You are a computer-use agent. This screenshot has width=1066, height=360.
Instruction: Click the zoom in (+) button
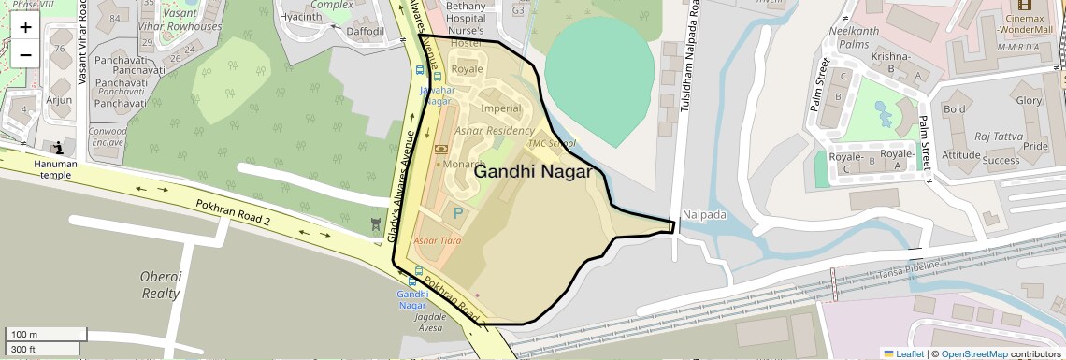click(x=25, y=27)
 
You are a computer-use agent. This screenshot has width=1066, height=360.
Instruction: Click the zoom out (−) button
click(x=25, y=55)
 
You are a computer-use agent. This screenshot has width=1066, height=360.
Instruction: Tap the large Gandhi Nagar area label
click(x=533, y=172)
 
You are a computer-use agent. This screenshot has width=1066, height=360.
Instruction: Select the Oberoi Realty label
click(x=160, y=284)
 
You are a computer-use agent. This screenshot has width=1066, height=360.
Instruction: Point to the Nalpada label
click(x=704, y=214)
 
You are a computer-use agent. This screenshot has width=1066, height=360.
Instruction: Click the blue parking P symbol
click(x=458, y=214)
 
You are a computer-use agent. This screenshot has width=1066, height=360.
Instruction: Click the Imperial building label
click(x=501, y=108)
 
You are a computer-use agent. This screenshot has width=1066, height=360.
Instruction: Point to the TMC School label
click(x=552, y=143)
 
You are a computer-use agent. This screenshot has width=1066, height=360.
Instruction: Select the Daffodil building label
click(x=366, y=31)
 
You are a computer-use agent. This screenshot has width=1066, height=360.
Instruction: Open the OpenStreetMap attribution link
click(x=974, y=353)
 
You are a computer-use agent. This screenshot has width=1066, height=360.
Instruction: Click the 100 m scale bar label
click(x=24, y=334)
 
